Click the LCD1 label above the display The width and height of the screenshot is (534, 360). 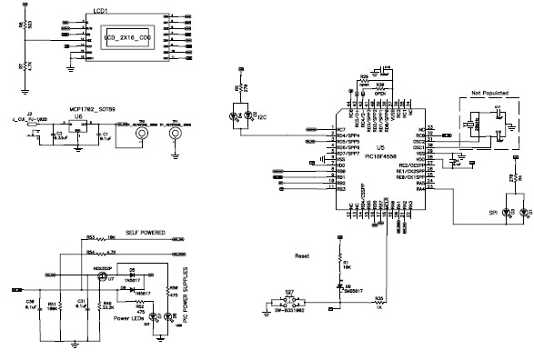pos(103,10)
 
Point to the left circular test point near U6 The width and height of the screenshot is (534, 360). pos(140,135)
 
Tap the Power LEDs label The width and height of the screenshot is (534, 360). pos(130,319)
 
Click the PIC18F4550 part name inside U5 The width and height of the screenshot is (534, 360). pos(380,155)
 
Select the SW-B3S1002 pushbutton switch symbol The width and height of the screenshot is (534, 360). pos(290,302)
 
